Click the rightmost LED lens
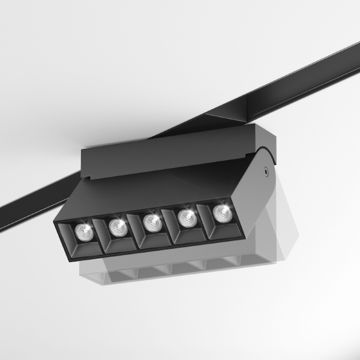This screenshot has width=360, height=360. coord(222,212)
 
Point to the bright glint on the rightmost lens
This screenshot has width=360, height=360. coord(225,210)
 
